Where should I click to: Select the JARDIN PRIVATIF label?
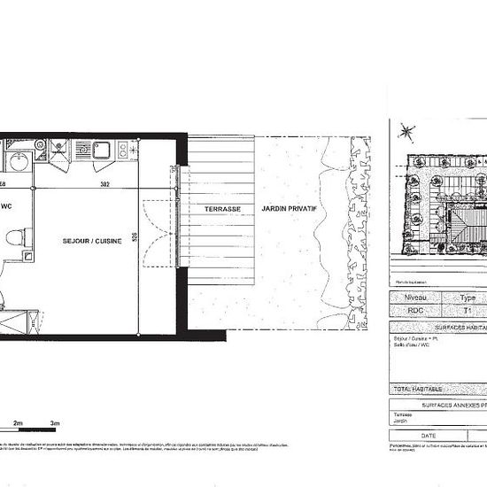tap(289, 209)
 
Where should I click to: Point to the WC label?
tap(6, 207)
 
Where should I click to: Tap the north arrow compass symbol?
tap(406, 132)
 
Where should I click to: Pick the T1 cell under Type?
tap(468, 313)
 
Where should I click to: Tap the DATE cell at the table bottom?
tap(429, 436)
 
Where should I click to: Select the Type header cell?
tap(468, 298)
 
